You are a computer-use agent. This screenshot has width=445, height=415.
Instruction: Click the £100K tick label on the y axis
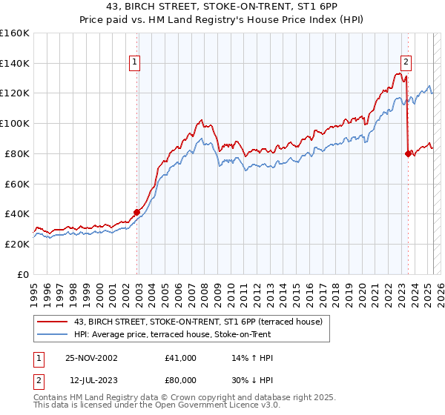(15, 123)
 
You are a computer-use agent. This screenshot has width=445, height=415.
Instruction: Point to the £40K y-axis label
(17, 213)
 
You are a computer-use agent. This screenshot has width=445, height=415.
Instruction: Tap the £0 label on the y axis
(23, 274)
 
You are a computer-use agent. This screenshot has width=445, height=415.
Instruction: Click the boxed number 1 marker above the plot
(135, 63)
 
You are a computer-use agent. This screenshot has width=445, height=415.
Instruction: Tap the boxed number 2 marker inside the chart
(406, 63)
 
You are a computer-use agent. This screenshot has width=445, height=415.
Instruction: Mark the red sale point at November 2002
(137, 212)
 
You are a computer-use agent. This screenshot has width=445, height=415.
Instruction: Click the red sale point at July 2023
(407, 153)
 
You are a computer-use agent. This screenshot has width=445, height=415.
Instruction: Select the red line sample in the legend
(52, 322)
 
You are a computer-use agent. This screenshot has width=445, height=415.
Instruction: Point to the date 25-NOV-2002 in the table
(91, 358)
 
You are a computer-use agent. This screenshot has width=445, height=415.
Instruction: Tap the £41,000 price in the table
(181, 358)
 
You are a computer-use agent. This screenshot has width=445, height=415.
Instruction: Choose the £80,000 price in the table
(181, 380)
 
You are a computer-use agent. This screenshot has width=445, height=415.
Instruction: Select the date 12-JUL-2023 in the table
(91, 380)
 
